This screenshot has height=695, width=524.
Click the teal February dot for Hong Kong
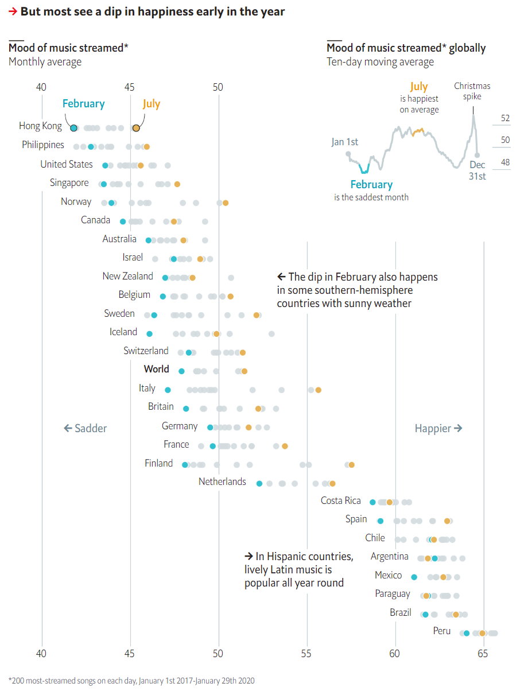coord(73,127)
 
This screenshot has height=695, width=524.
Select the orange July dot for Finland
coord(351,464)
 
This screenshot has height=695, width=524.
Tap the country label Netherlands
coord(222,482)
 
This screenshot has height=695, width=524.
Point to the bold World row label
coord(156,369)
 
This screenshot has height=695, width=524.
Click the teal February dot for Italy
coord(168,390)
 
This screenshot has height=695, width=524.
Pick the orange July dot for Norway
coord(226,203)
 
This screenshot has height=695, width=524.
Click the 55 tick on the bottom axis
coord(307,653)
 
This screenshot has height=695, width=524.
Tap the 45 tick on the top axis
coord(130,87)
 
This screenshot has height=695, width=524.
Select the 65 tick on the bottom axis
coord(483,653)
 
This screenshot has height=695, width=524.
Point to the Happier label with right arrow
coord(438,428)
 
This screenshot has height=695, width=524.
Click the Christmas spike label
coord(472,91)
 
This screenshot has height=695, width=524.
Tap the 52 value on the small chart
coord(505,118)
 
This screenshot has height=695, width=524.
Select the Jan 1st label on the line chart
coord(344,142)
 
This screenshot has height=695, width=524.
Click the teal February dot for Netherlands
coord(259,483)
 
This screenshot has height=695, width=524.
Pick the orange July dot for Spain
coord(447,521)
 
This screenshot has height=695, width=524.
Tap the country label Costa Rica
coord(340,500)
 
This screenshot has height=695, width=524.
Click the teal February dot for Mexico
coord(414,577)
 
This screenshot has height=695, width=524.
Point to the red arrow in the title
coord(13,11)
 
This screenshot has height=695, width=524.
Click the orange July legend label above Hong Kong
coord(152,104)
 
